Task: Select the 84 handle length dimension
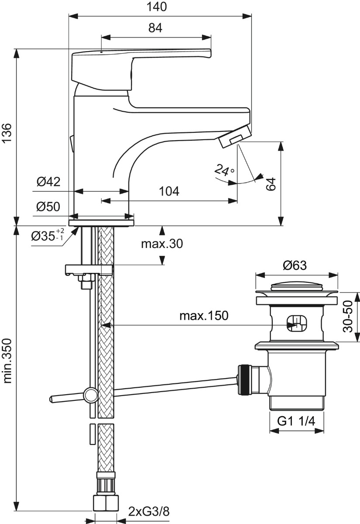coord(155,28)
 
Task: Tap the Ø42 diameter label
coord(48,182)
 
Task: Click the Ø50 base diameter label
coord(48,207)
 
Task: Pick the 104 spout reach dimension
coord(169,191)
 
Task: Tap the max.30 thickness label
coord(162,244)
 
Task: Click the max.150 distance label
coord(204,316)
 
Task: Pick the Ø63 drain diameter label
coord(295,265)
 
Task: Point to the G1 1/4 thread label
coord(296,421)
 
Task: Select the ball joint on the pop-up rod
coord(91,395)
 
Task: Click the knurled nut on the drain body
coord(243,379)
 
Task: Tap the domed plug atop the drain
coord(296,286)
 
